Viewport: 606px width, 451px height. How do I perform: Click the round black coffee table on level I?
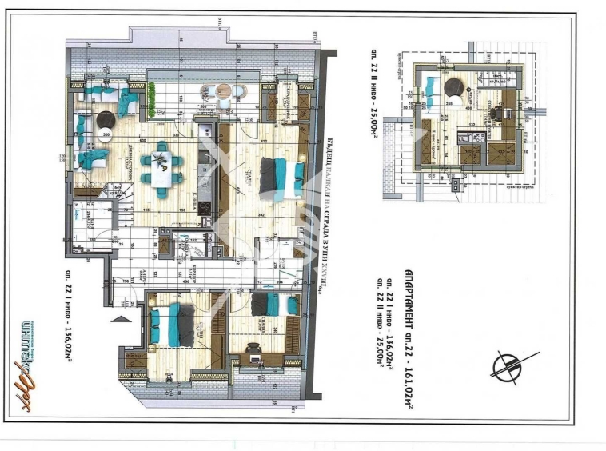click(105, 120)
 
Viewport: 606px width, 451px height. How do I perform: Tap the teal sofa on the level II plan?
click(430, 83)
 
